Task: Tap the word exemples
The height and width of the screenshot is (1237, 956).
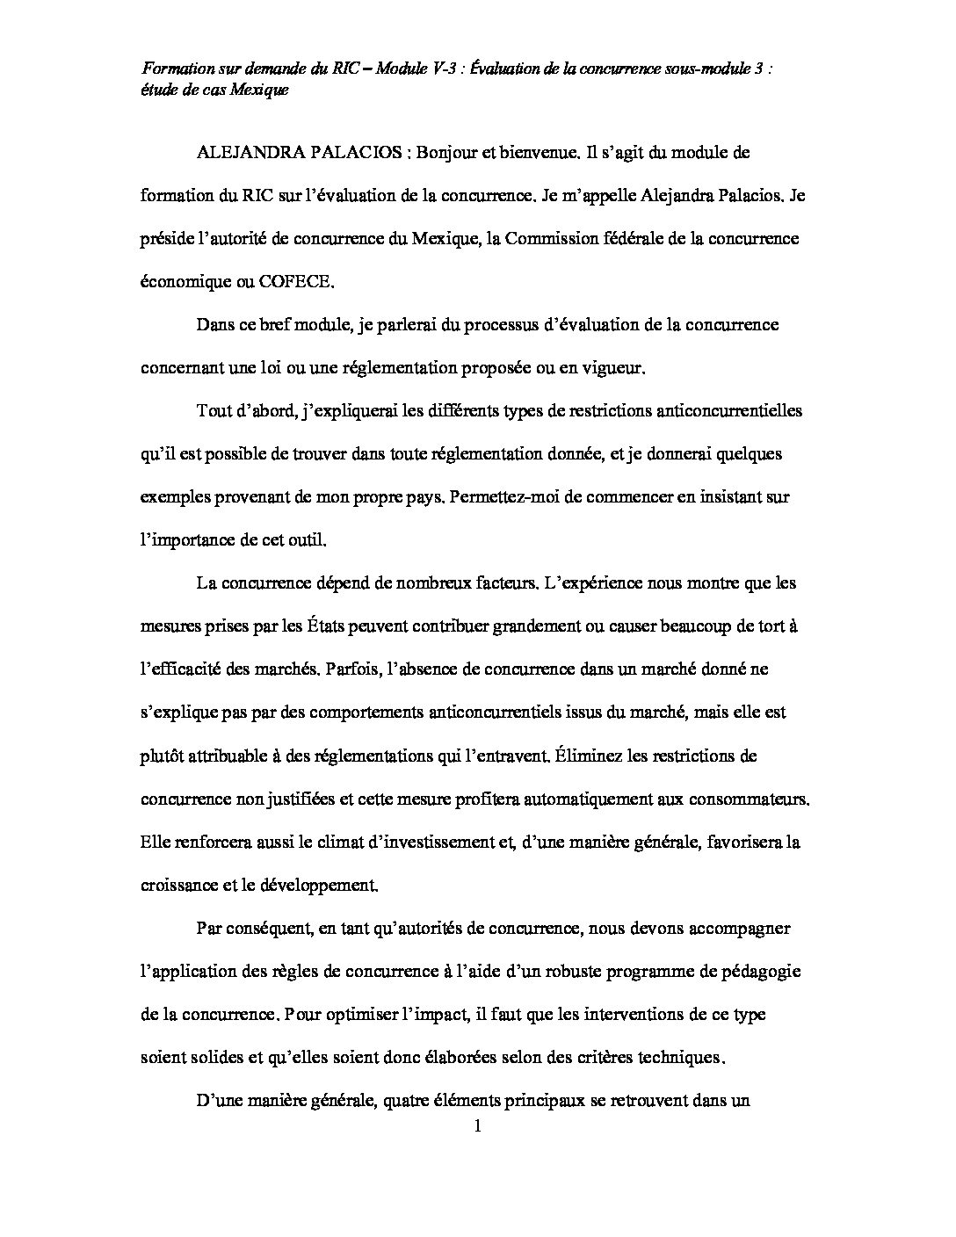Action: coord(172,497)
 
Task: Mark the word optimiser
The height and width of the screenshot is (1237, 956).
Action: coord(373,1015)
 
